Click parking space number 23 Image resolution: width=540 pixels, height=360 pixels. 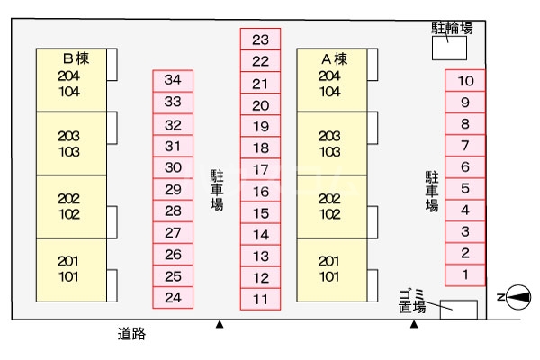click(260, 40)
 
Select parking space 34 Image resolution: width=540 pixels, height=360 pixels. click(174, 80)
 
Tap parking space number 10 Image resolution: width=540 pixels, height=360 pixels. click(465, 81)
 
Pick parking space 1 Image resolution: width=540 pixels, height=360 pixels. click(465, 274)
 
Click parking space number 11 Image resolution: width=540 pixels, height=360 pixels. click(260, 300)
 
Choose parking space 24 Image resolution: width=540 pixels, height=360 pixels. click(174, 298)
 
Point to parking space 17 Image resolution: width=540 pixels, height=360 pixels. click(260, 169)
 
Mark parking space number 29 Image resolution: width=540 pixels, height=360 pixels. click(174, 189)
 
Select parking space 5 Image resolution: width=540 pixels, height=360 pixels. click(465, 188)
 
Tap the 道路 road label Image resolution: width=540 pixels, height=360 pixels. click(131, 334)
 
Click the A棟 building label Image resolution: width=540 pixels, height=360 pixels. click(334, 58)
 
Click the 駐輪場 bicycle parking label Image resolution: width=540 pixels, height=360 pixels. click(452, 28)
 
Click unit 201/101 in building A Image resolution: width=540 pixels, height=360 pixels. click(331, 269)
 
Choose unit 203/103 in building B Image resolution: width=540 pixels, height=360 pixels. click(69, 143)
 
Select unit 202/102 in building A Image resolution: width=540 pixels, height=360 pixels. click(331, 206)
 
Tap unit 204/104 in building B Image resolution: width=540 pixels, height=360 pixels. click(69, 83)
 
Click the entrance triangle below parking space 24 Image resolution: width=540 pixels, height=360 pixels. click(218, 324)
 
